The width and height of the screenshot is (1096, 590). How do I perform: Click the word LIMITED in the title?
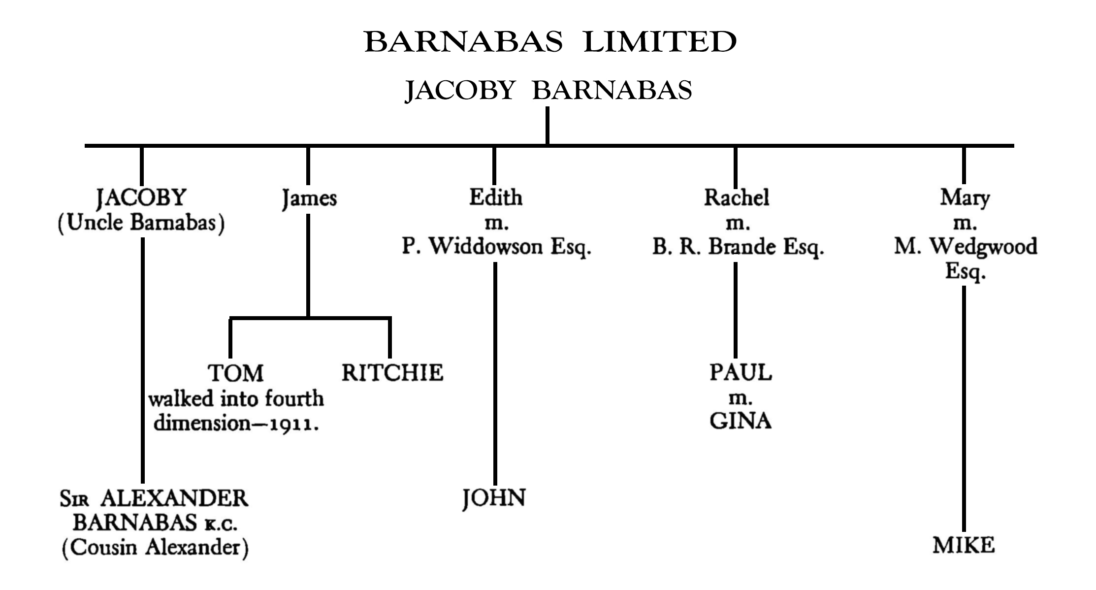(659, 42)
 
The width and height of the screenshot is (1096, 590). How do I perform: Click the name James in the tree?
(309, 198)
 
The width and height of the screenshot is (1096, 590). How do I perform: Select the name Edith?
(495, 197)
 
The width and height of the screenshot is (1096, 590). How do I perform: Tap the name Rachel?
(736, 197)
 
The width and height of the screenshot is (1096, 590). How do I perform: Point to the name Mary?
(965, 197)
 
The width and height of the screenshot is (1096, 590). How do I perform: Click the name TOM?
(236, 373)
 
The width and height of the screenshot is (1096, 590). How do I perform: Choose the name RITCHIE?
(392, 373)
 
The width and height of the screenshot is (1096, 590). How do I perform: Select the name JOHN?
(494, 498)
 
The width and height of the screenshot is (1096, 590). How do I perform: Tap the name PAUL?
(741, 372)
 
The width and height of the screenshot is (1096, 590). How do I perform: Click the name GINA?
(740, 421)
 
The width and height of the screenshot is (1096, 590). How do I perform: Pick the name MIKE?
(964, 546)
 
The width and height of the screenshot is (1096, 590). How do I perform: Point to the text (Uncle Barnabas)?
(141, 223)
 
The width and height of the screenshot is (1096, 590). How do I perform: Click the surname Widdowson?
(486, 247)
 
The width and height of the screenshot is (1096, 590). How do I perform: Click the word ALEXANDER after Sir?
(174, 499)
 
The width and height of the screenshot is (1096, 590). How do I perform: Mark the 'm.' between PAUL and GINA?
(740, 398)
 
